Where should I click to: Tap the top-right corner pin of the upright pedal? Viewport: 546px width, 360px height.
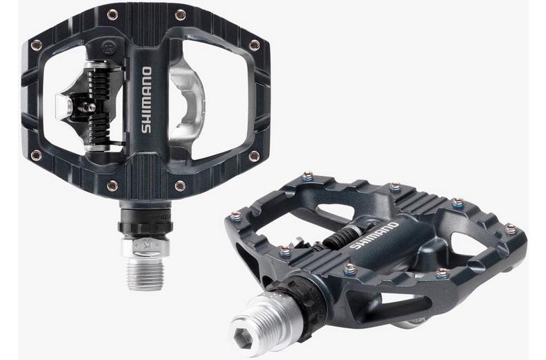254,44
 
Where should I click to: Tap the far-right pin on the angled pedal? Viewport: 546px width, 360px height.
511,228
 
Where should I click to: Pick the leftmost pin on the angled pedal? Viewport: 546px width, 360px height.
236,216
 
